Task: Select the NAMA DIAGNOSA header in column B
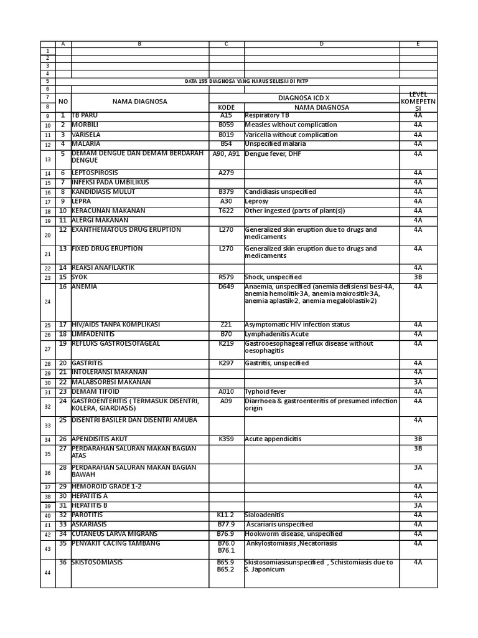pos(139,102)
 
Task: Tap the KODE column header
pos(227,107)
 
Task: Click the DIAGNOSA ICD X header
pos(321,98)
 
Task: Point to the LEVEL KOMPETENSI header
pos(418,102)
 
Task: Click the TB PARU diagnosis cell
pos(85,116)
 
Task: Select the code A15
pos(226,116)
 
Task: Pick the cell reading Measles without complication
pos(291,125)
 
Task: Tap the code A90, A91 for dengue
pos(226,154)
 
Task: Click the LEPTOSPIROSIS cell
pos(95,173)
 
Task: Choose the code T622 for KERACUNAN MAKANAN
pos(226,211)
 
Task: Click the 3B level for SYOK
pos(418,277)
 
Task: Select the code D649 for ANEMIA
pos(226,287)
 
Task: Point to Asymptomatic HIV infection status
pos(297,325)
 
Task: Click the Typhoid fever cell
pos(266,392)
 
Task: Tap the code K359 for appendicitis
pos(226,439)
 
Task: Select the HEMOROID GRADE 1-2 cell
pos(106,487)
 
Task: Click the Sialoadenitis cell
pos(265,515)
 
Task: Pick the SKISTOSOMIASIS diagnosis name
pos(97,563)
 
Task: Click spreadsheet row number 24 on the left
pos(48,302)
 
